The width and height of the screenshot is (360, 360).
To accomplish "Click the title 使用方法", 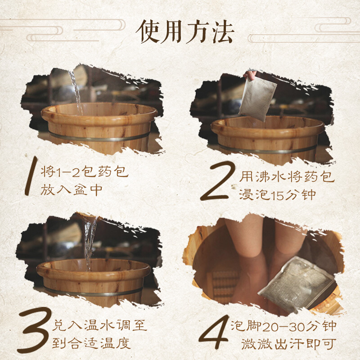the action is click(x=185, y=31).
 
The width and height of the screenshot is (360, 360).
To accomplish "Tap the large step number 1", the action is click(x=31, y=176).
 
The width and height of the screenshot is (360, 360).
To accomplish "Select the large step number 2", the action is click(x=217, y=181).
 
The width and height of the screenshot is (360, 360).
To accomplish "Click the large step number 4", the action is click(x=215, y=332).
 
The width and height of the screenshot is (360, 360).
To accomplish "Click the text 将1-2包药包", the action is click(x=84, y=171).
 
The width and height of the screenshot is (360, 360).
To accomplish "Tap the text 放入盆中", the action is click(x=72, y=190).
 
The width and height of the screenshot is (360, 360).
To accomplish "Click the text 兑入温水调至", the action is click(x=99, y=325).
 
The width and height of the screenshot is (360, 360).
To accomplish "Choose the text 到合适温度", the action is click(x=91, y=343).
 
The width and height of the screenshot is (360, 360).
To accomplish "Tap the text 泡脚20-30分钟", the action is click(x=283, y=326).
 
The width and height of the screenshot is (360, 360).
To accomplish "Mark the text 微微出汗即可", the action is click(x=288, y=344).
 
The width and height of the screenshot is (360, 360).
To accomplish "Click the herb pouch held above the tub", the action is click(x=258, y=99).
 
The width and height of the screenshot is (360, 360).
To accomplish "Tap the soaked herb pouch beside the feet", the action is click(x=296, y=285).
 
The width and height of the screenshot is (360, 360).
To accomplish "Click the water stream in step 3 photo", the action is click(x=89, y=241).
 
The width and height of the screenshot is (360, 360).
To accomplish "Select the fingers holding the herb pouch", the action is click(x=250, y=74).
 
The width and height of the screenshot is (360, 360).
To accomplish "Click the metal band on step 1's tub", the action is click(x=99, y=137).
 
